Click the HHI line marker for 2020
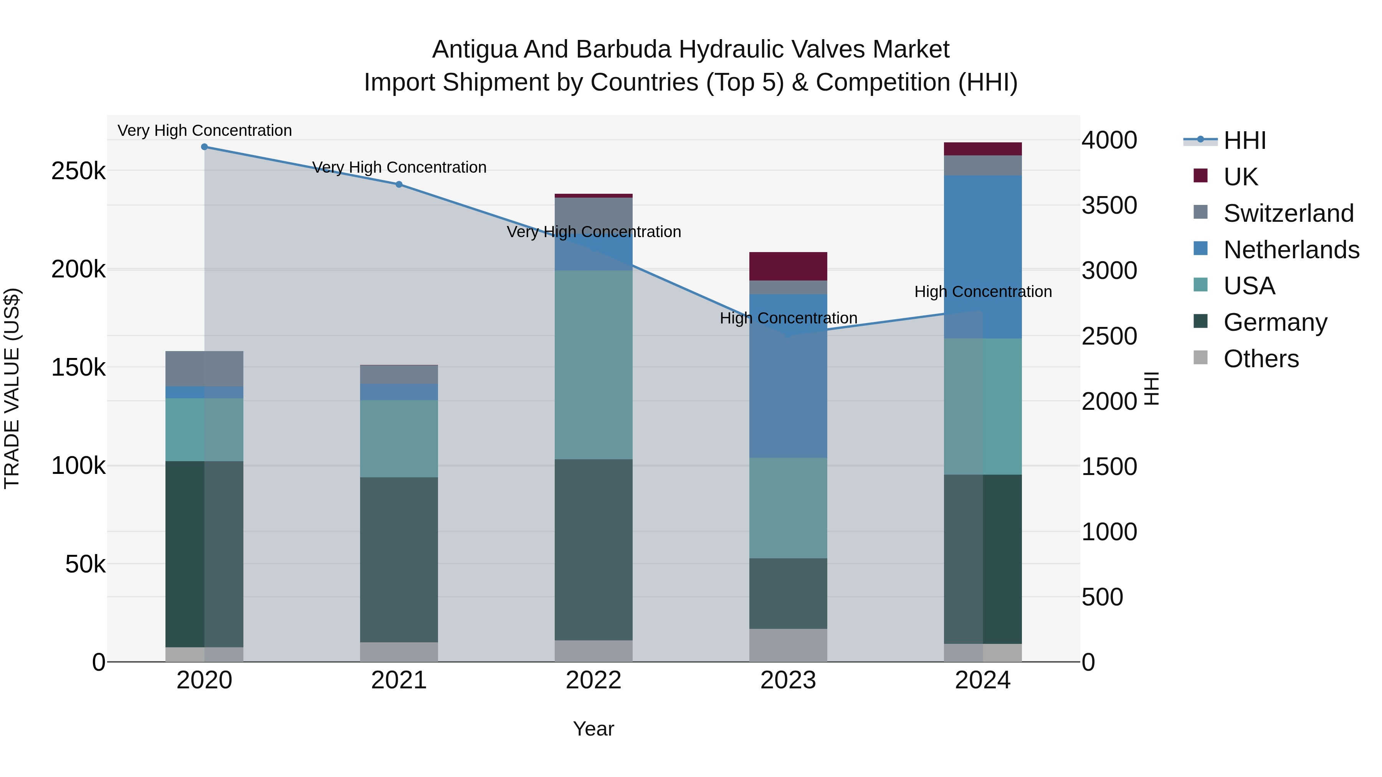click(204, 147)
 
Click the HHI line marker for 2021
click(398, 185)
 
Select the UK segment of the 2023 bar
click(788, 266)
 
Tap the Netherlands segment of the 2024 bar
click(982, 256)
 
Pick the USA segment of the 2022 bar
click(593, 365)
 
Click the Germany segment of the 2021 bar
click(398, 559)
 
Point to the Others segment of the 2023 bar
click(788, 645)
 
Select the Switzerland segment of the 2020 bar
click(204, 368)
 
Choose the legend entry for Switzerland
click(1288, 213)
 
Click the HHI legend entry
click(1245, 140)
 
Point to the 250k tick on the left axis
click(78, 172)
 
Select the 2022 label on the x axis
click(593, 680)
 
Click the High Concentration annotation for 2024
click(983, 292)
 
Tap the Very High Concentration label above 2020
click(204, 130)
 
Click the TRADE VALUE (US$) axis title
click(12, 388)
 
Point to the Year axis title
click(593, 729)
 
